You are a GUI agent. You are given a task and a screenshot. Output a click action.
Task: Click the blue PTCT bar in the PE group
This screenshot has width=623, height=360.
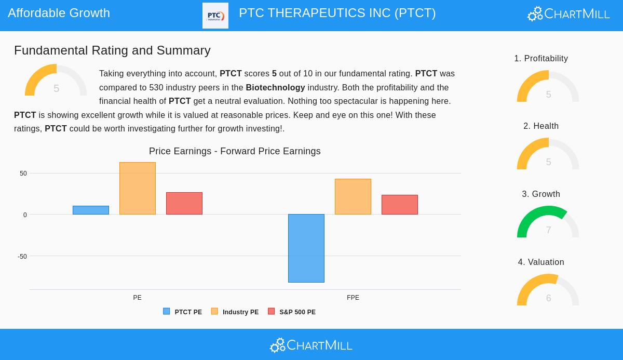(91, 210)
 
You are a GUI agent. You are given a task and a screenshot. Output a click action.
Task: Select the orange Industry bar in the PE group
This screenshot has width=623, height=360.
(138, 189)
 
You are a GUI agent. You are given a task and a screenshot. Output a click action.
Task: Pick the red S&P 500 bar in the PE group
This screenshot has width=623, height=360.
(184, 204)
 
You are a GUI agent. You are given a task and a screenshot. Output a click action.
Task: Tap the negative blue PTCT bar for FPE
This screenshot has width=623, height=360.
(306, 248)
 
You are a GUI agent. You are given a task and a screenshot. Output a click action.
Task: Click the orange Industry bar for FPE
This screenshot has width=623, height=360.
(353, 197)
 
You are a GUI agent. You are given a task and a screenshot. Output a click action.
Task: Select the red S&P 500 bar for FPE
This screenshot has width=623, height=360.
(400, 205)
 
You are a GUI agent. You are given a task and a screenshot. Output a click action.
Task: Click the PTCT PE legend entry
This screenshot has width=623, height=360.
(183, 312)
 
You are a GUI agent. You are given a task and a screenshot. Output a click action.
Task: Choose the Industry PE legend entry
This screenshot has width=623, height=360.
(235, 312)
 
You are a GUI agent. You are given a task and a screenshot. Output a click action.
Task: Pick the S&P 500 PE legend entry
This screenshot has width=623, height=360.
(292, 312)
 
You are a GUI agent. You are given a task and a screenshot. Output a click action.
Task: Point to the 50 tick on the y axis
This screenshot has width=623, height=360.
(23, 174)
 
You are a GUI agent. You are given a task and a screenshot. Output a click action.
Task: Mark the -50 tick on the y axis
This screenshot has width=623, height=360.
(22, 257)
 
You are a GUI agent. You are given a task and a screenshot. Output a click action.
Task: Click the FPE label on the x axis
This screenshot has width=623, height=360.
(353, 298)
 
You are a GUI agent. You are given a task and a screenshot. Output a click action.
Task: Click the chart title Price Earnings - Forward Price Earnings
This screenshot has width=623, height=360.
(235, 151)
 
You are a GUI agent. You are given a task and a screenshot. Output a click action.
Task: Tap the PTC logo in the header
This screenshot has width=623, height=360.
(215, 16)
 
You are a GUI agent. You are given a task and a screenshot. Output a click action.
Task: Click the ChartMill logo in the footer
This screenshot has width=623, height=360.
(311, 345)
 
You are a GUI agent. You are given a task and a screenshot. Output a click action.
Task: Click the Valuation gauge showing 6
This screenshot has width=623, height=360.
(548, 290)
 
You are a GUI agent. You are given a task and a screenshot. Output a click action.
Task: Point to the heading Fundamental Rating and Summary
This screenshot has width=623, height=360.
(112, 50)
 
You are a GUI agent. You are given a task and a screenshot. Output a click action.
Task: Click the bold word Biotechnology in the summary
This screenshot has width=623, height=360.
(275, 88)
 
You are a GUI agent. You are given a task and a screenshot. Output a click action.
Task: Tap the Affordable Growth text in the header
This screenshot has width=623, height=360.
(59, 13)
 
